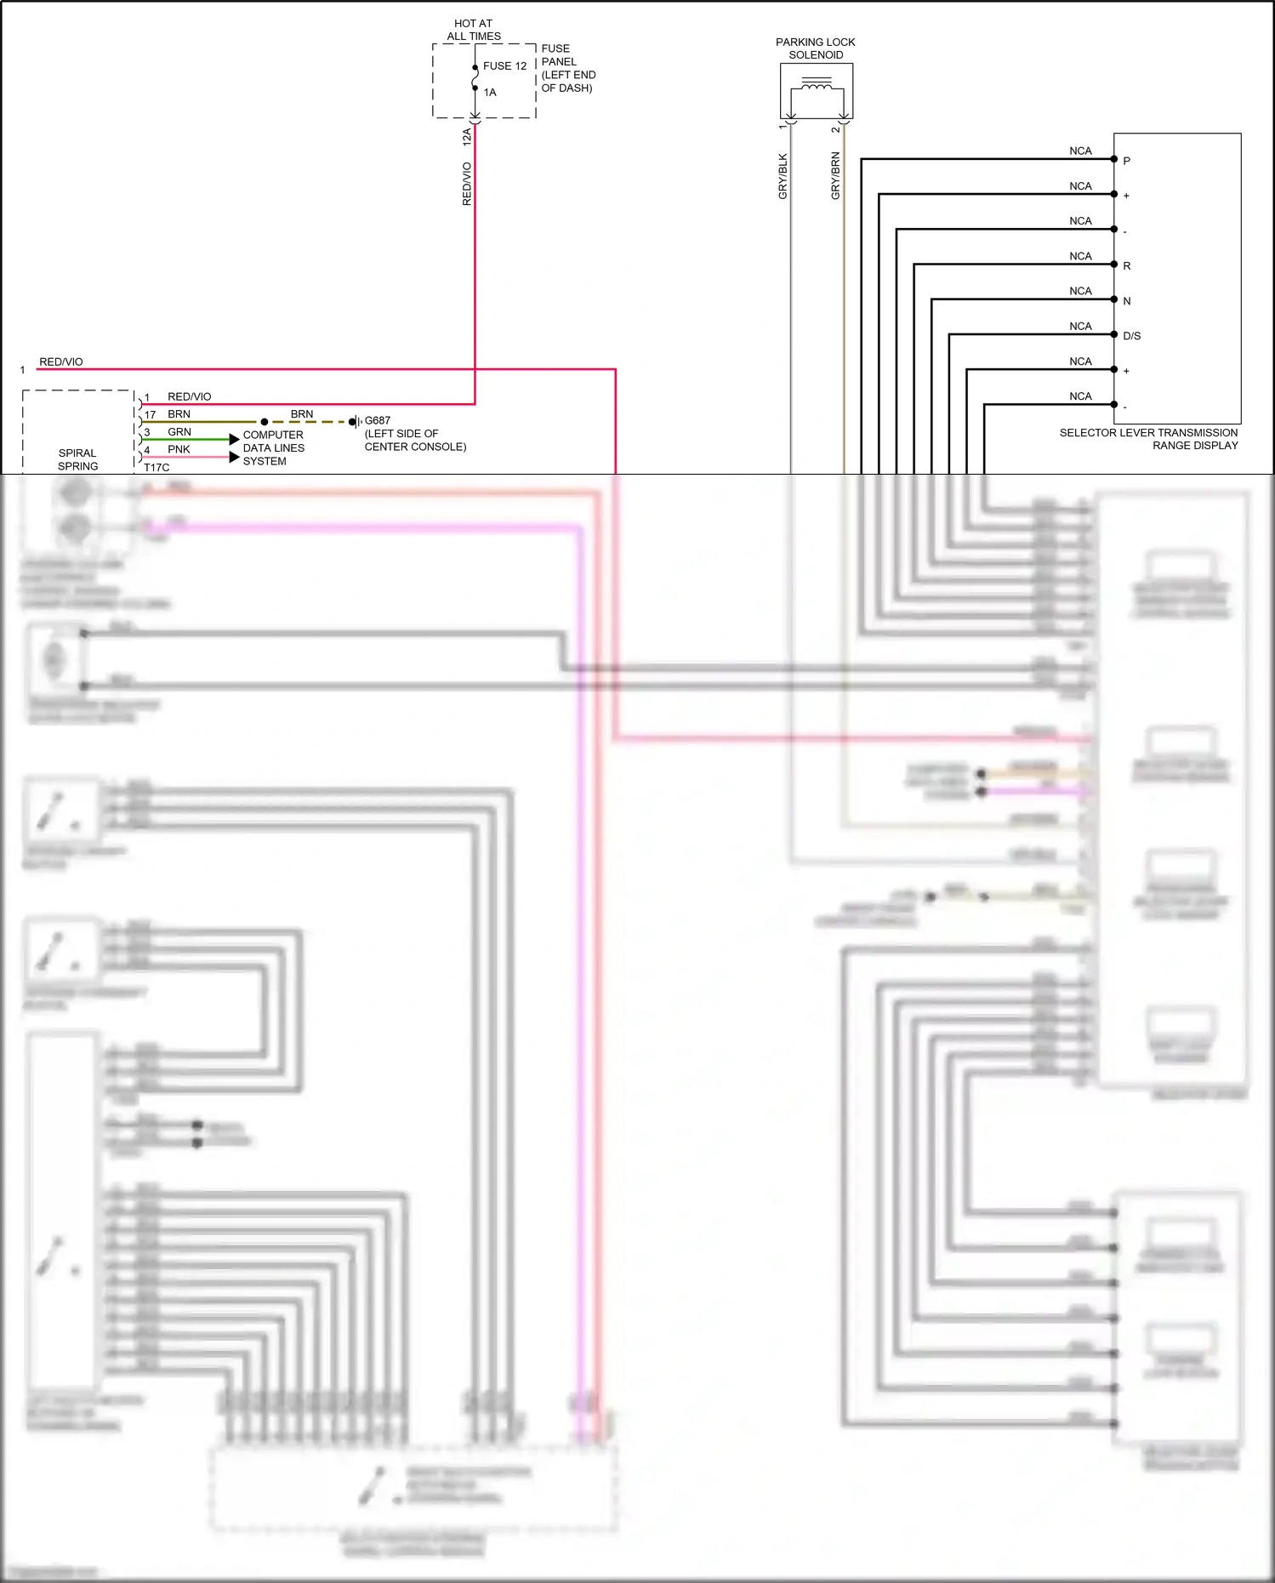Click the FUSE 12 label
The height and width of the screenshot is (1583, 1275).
pos(504,65)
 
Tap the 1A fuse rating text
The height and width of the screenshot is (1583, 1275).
pos(490,92)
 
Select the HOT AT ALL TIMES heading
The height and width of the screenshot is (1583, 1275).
pos(473,30)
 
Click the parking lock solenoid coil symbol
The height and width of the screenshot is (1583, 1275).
pos(817,86)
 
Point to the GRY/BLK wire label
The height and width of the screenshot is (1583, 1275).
pos(783,176)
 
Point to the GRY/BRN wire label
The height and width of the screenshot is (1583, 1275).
pos(835,175)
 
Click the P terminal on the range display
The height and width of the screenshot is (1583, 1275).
pos(1126,161)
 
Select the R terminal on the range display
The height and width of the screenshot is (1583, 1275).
pos(1126,265)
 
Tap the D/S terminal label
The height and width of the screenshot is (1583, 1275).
pos(1131,335)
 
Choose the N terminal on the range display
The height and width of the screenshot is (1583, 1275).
pos(1126,300)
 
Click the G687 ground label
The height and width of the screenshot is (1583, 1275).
pos(378,420)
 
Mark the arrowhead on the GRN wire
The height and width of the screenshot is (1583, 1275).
pos(235,439)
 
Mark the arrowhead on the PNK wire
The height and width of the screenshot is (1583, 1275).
pos(235,457)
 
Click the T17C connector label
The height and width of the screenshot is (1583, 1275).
pos(157,467)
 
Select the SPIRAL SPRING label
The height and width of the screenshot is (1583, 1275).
pos(77,459)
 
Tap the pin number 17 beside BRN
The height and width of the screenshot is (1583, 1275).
pos(150,414)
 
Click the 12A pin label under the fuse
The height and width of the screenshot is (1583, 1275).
pos(466,135)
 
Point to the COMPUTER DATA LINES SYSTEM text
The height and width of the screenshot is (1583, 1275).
pos(272,447)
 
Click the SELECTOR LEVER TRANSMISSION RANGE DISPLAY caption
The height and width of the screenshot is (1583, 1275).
pos(1148,439)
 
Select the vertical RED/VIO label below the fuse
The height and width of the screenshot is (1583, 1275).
pos(466,184)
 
